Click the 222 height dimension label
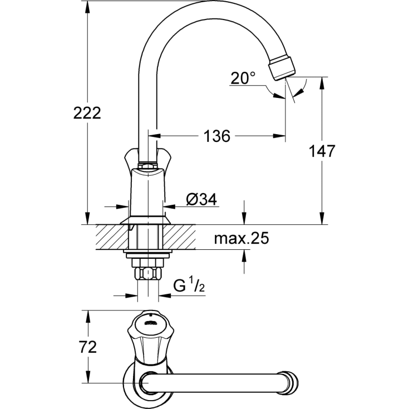click(87, 113)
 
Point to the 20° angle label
click(243, 78)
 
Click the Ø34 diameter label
click(201, 199)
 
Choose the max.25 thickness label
click(242, 239)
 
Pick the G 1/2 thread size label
click(188, 287)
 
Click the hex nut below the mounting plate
click(147, 273)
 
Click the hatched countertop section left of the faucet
click(111, 236)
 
